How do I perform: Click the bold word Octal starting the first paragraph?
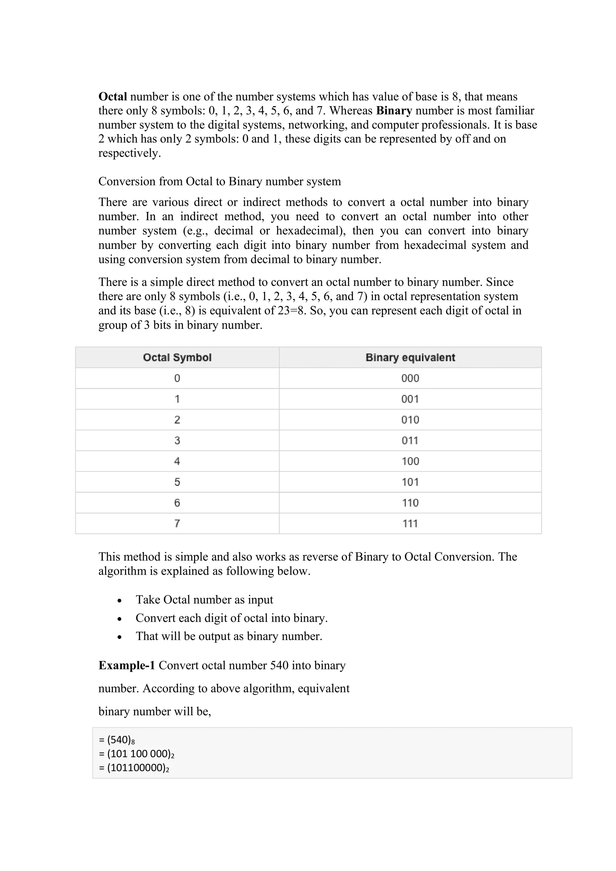pos(112,97)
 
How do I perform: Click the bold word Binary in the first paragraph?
pos(394,111)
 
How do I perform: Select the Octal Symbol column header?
pos(177,357)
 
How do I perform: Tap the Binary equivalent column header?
pos(410,357)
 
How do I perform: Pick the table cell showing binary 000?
pos(410,378)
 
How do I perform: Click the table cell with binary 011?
pos(410,440)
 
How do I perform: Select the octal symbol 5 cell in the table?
pos(177,482)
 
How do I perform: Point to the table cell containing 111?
pos(410,524)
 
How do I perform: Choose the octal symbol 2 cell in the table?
pos(177,420)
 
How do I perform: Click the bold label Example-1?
pos(126,665)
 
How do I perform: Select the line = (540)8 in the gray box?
pos(117,740)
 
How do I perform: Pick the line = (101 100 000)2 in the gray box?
pos(136,754)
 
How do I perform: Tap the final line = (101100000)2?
pos(134,768)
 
